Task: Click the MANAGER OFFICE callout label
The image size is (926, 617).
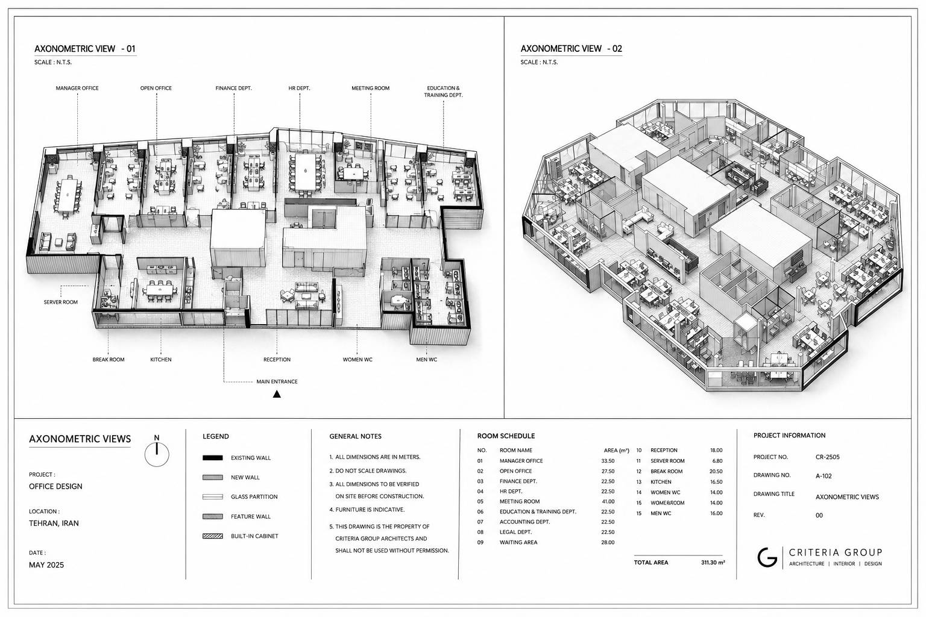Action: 77,88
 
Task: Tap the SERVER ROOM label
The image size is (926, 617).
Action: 61,302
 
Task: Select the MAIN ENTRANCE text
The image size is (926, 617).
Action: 277,381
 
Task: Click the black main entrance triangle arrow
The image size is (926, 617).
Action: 277,394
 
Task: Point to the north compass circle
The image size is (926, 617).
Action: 157,454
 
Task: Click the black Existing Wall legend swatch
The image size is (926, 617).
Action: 212,457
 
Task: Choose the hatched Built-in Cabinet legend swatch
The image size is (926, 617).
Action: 212,536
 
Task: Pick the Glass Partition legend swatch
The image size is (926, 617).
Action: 212,496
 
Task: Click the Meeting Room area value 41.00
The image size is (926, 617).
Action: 608,501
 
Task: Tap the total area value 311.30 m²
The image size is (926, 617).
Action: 713,562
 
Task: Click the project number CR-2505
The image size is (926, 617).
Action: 828,457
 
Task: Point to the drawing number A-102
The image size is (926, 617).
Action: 824,475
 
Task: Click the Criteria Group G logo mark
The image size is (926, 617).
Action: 767,557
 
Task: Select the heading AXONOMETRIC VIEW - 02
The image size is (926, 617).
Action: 572,49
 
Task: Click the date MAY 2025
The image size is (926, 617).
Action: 46,565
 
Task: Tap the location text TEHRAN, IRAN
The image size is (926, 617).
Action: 54,523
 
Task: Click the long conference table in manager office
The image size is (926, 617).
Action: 66,194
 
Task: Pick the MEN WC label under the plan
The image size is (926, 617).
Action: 427,360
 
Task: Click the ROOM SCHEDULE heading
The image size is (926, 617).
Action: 506,436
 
